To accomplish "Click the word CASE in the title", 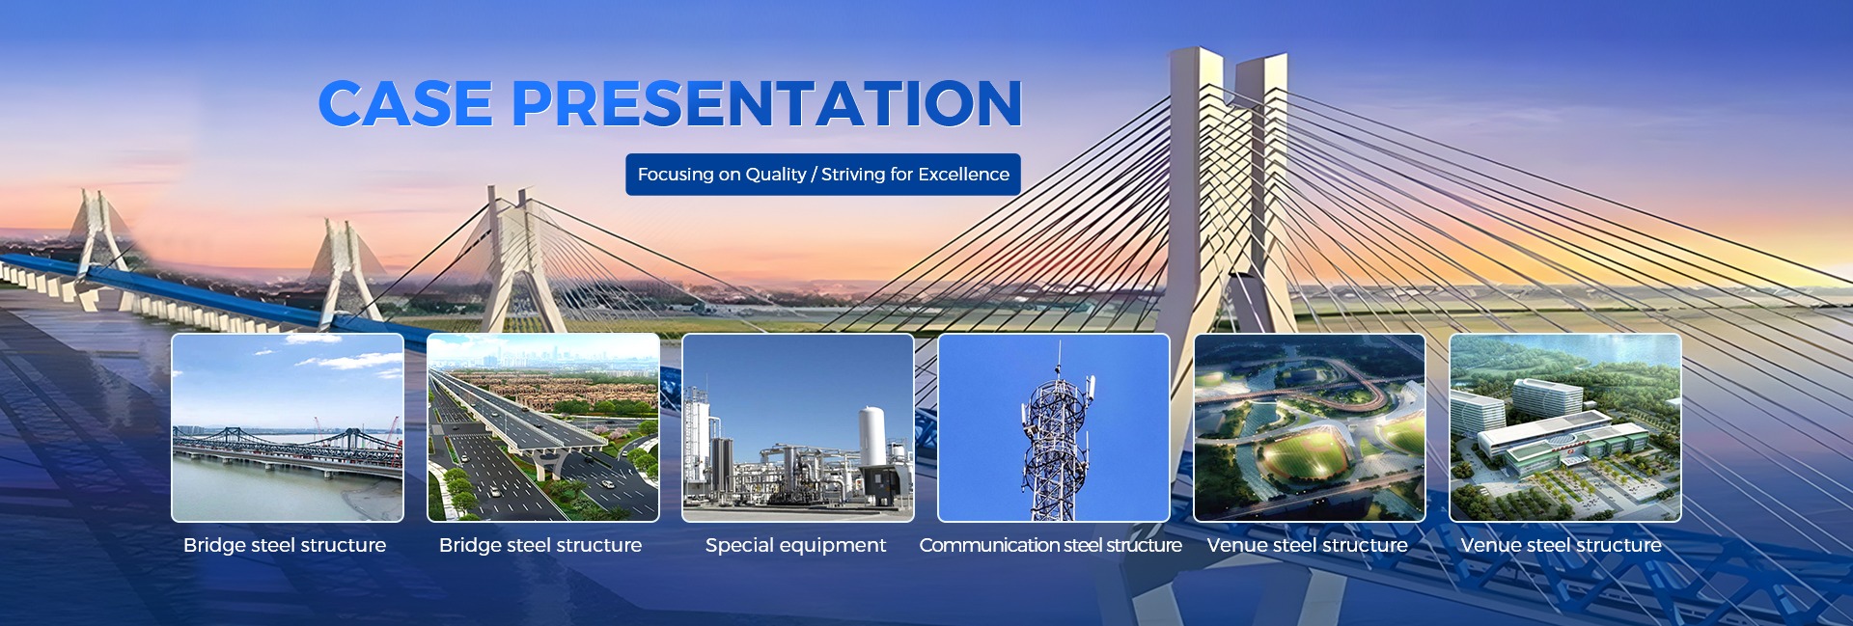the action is point(405,103).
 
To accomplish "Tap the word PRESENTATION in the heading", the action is point(766,103).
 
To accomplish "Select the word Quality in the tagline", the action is point(776,175).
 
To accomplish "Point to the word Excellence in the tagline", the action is point(963,175).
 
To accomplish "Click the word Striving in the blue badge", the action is point(853,175).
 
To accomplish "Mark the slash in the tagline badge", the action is point(814,175).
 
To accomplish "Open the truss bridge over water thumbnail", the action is point(288,427).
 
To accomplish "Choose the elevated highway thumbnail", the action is point(543,427).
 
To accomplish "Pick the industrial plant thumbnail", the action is point(798,427).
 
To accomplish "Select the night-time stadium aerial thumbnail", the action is point(1310,427).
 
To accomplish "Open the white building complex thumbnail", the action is point(1565,427).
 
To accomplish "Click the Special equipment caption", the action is point(795,546).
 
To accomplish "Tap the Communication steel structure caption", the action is point(1050,546).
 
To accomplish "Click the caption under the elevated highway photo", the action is point(540,546).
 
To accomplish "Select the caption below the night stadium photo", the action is point(1307,546).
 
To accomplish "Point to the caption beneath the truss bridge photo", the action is point(285,546).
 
